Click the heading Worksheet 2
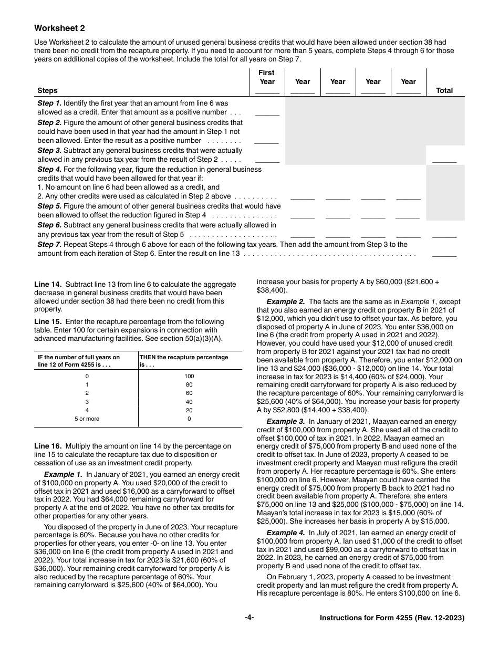pos(59,28)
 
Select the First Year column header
pos(267,77)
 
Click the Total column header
pos(444,90)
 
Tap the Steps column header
pos(47,90)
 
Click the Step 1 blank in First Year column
pos(267,112)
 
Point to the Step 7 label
pos(49,244)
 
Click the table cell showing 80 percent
pos(190,385)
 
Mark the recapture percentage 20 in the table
pos(190,410)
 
